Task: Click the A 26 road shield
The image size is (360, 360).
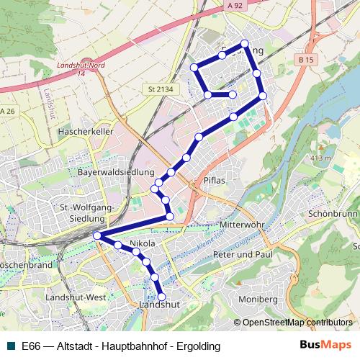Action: pos(7,111)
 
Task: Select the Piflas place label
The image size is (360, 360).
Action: pos(215,180)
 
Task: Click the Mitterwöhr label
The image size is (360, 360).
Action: pos(238,224)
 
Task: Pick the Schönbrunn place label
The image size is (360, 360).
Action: pos(333,215)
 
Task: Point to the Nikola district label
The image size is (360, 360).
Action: pos(142,245)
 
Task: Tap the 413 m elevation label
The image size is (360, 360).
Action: pos(320,157)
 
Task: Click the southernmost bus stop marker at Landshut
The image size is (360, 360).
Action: pos(161,296)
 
